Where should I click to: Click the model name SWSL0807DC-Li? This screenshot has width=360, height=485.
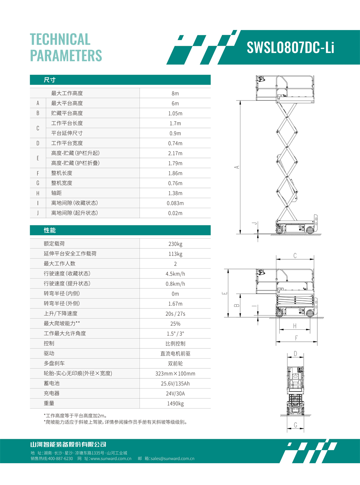290,48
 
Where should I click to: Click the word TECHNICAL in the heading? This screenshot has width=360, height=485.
60,39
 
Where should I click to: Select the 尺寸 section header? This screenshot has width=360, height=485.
49,80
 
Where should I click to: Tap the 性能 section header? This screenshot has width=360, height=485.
49,230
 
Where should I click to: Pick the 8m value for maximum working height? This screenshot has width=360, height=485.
175,93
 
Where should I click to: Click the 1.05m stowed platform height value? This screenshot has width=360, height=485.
175,113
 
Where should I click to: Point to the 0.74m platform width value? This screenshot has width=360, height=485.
175,143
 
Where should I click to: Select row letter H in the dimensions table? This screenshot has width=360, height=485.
38,193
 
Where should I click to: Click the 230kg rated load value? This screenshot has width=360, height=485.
175,244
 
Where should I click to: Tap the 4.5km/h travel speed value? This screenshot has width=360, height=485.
175,274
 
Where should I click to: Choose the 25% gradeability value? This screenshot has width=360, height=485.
175,324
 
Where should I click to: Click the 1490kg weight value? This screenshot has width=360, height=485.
175,404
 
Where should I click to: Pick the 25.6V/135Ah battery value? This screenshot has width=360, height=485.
175,384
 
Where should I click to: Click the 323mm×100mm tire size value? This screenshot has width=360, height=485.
175,374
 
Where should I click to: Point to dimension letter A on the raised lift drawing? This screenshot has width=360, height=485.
237,167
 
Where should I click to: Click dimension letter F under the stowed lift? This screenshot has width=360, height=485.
296,338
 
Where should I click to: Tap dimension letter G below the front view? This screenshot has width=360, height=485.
295,425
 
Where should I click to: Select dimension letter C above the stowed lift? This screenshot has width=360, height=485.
295,256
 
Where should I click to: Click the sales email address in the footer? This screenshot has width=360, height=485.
172,458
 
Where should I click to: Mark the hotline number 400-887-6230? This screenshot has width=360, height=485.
60,458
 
